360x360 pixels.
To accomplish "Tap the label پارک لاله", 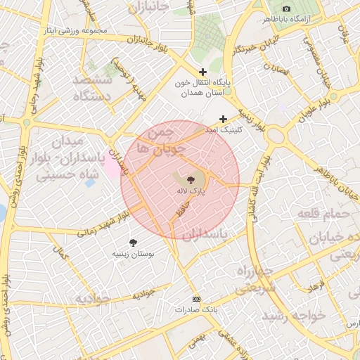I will (191, 191).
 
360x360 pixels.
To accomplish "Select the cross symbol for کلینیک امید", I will (224, 119).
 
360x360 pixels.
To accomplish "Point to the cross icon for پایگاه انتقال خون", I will (203, 72).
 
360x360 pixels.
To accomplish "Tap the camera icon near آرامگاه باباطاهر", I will (286, 8).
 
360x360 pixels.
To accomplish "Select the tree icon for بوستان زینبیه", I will (134, 242).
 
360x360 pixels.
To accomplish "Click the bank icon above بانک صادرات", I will (195, 298).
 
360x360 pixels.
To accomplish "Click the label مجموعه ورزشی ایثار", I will (74, 31).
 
